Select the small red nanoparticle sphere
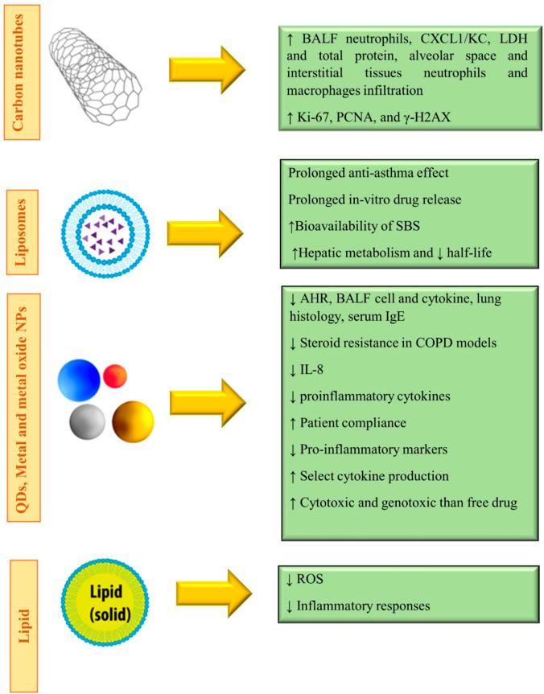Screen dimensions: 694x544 click(116, 374)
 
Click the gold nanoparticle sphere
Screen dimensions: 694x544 click(132, 419)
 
